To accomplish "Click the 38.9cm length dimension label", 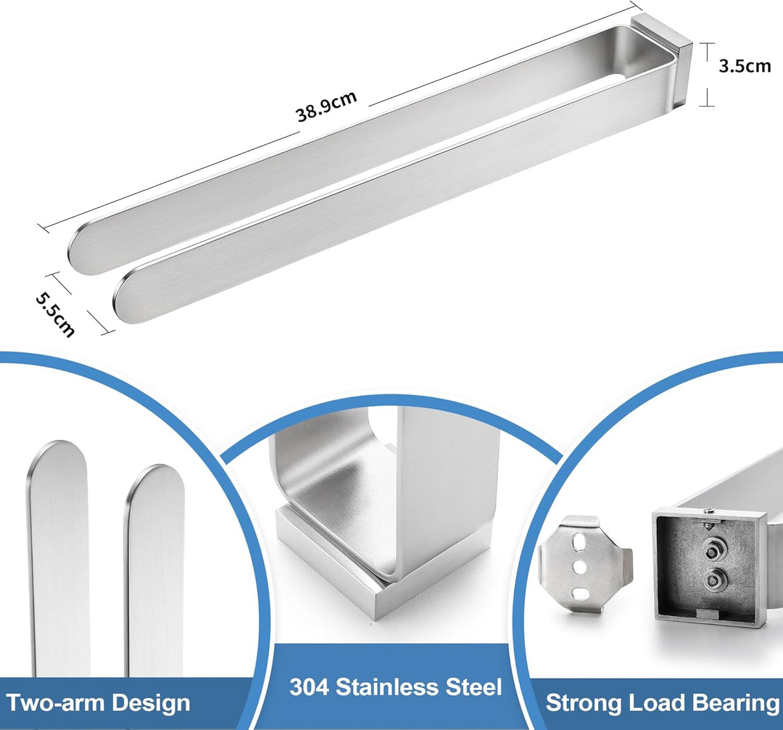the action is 326,106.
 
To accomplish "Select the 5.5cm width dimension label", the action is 55,314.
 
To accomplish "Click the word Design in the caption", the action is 151,703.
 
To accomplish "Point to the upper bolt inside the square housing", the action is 712,551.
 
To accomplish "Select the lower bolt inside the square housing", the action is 712,580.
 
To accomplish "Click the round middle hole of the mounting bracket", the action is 581,567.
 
